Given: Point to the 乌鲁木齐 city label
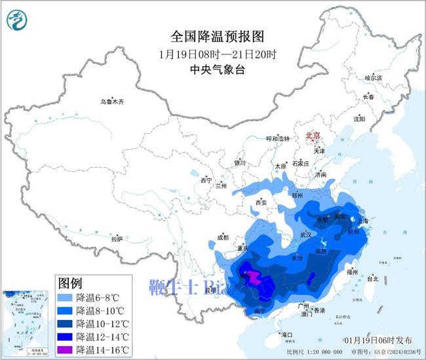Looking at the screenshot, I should [x=111, y=102].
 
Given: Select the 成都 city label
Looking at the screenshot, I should [x=223, y=237].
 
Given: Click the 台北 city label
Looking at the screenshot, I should [x=372, y=278].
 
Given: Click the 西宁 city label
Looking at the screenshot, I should [x=206, y=180].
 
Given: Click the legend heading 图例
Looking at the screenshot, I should [x=70, y=283].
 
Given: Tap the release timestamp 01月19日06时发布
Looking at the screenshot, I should [x=378, y=340].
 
